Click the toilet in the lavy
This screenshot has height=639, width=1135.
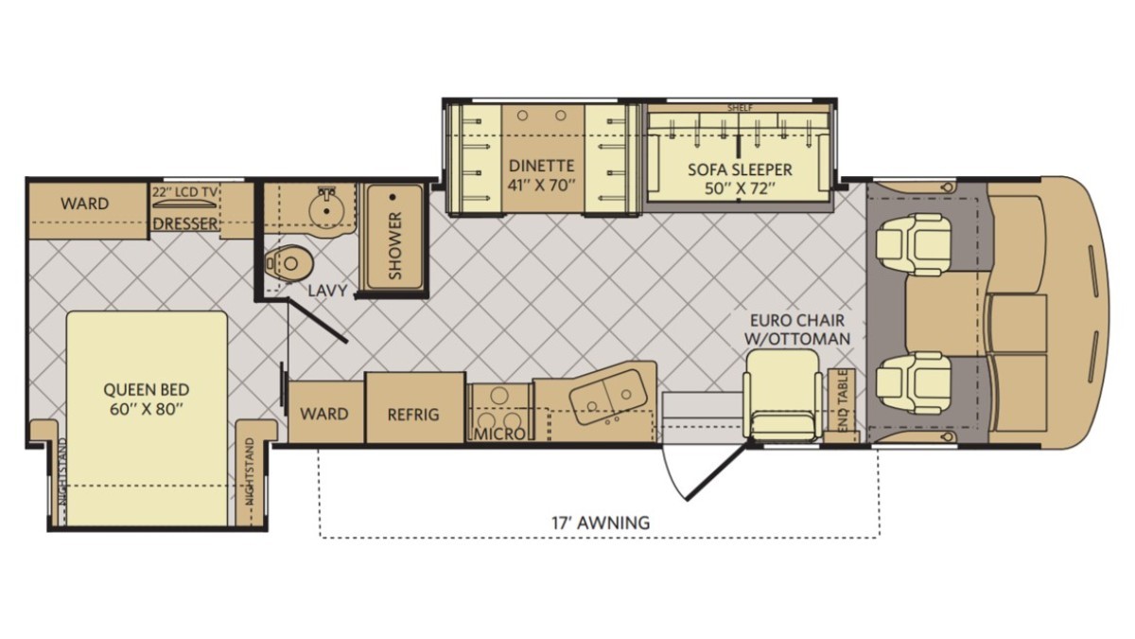tap(288, 263)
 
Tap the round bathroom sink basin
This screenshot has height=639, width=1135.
tap(325, 208)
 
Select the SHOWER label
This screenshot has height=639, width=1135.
tap(394, 245)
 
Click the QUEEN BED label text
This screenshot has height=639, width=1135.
tap(146, 389)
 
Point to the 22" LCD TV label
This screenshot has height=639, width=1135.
tap(185, 191)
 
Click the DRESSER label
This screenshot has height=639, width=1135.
tap(185, 223)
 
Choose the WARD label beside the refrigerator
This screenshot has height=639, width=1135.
tap(324, 414)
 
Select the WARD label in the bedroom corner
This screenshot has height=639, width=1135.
tap(84, 204)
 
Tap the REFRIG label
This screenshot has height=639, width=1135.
tap(413, 415)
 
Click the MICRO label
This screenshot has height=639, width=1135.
tap(499, 435)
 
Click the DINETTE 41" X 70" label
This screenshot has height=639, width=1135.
tap(542, 175)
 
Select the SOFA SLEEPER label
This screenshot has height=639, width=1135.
tap(740, 169)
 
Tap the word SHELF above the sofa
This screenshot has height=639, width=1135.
tap(740, 108)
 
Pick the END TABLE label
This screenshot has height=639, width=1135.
tap(843, 401)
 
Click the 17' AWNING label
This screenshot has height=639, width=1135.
tap(601, 523)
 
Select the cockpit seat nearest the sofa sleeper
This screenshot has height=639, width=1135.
tap(914, 244)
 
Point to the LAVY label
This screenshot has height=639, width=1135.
tap(328, 291)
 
